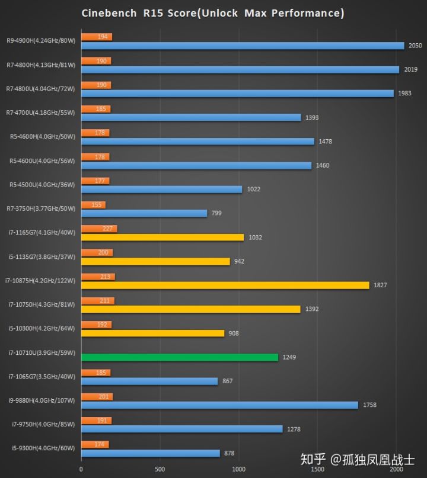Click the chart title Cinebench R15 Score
[x=212, y=13]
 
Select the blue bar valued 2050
[x=243, y=46]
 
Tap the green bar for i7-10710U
[x=179, y=357]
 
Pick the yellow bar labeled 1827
[x=225, y=285]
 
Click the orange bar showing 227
[x=99, y=229]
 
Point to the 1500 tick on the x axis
[x=317, y=469]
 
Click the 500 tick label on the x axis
[x=160, y=469]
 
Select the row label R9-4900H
[x=41, y=41]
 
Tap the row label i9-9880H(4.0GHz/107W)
[x=41, y=400]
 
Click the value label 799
[x=216, y=213]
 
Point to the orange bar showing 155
[x=93, y=205]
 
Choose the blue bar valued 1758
[x=219, y=405]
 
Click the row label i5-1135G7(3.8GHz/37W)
[x=41, y=256]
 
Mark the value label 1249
[x=289, y=357]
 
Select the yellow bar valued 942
[x=155, y=261]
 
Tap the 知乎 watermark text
[x=314, y=459]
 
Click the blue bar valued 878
[x=150, y=453]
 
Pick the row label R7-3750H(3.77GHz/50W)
[x=41, y=208]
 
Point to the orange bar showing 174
[x=95, y=444]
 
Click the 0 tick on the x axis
[x=81, y=469]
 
